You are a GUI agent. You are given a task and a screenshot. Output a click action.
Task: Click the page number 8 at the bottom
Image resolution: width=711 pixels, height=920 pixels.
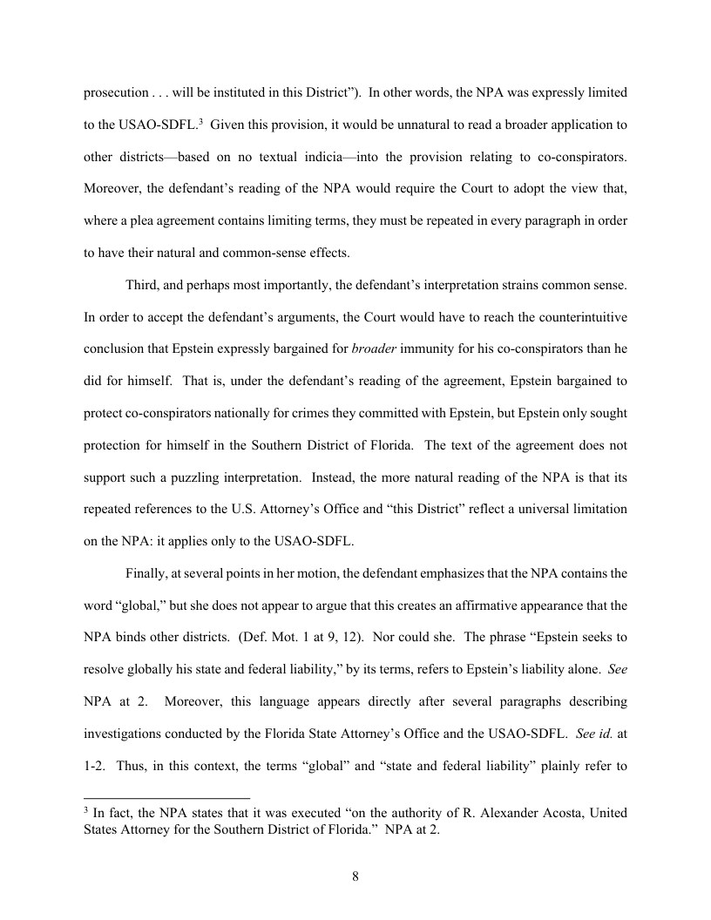click(x=355, y=876)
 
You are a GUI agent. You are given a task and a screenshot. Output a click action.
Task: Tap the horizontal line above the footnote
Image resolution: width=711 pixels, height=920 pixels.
click(x=166, y=797)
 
